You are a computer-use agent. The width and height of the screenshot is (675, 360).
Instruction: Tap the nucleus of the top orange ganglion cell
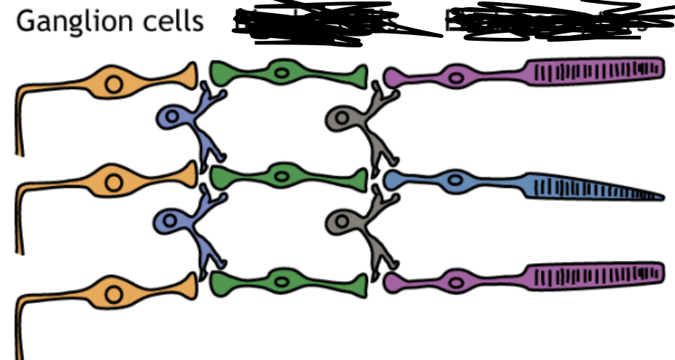pyautogui.click(x=114, y=84)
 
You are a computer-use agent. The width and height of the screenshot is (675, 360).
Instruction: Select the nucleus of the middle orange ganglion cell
pyautogui.click(x=114, y=182)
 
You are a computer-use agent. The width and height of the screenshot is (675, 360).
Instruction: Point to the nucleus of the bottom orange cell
pyautogui.click(x=114, y=294)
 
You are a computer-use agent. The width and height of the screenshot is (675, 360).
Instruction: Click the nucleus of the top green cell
pyautogui.click(x=281, y=73)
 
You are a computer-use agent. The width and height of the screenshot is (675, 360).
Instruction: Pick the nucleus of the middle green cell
pyautogui.click(x=281, y=176)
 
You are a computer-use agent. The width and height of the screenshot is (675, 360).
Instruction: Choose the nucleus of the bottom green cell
pyautogui.click(x=281, y=280)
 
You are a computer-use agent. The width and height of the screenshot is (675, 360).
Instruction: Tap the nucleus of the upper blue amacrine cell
pyautogui.click(x=173, y=117)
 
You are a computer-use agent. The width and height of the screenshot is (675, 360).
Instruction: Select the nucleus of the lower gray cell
pyautogui.click(x=340, y=221)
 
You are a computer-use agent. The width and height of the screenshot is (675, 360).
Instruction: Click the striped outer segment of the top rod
pyautogui.click(x=594, y=70)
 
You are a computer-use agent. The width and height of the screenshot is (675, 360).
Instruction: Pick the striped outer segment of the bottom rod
pyautogui.click(x=594, y=274)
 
